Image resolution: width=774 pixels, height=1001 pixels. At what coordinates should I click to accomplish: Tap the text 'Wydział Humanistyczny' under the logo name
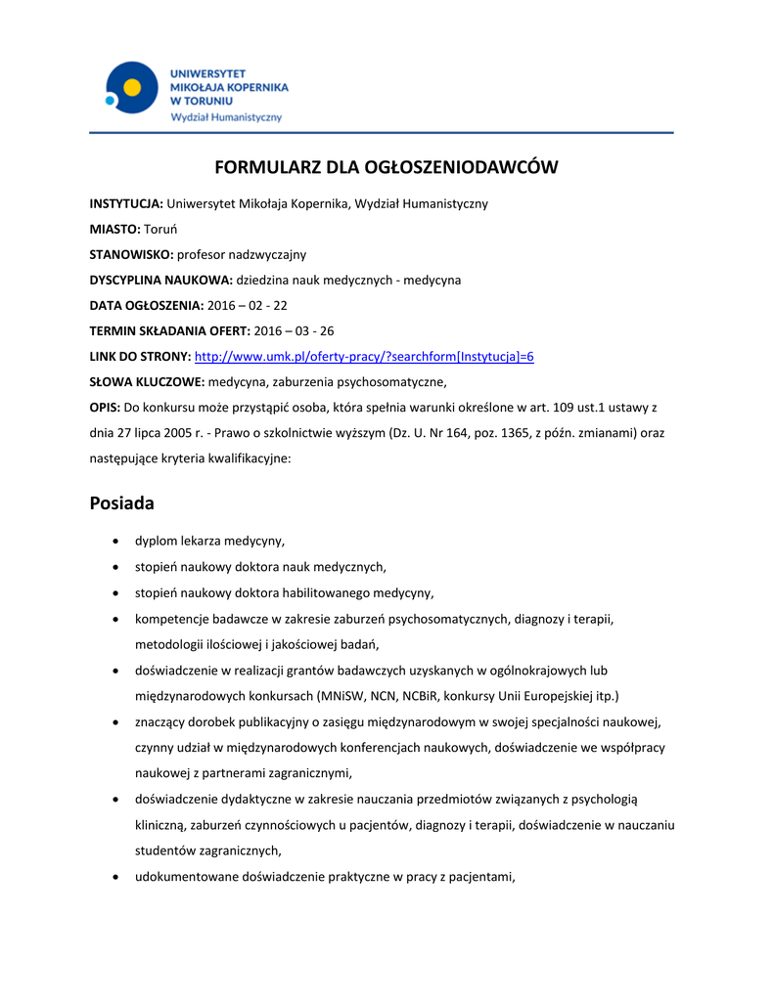click(226, 117)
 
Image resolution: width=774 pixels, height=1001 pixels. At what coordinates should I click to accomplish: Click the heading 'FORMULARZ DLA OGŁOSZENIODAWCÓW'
click(387, 167)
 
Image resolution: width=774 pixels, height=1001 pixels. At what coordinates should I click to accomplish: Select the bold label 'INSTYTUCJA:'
click(126, 203)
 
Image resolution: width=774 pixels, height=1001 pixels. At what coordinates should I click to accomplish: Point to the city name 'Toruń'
click(159, 229)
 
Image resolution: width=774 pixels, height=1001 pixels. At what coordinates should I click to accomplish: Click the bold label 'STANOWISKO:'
click(131, 254)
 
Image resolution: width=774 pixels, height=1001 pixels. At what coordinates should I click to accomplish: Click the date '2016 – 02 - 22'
click(248, 305)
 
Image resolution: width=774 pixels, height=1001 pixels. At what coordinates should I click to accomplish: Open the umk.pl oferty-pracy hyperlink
click(365, 356)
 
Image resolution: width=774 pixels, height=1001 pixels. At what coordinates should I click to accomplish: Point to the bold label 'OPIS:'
click(105, 407)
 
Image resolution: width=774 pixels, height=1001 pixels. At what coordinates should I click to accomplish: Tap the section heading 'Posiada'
click(122, 503)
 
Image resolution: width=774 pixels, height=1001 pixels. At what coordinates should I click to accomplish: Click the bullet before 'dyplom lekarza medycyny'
click(117, 541)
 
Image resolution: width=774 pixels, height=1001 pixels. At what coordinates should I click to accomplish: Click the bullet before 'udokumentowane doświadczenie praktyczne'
click(117, 877)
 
